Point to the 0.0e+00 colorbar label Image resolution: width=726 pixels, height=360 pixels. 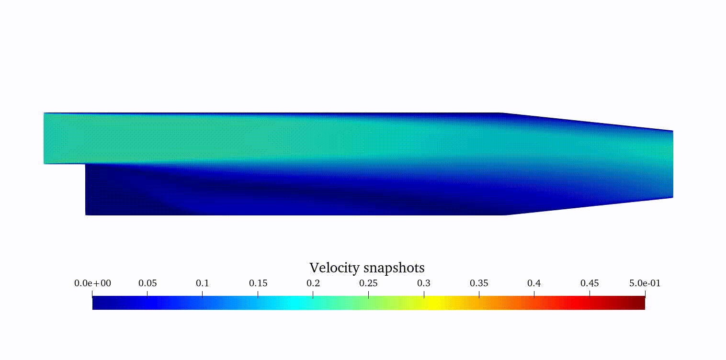coord(92,283)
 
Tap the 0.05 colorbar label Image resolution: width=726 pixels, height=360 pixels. coord(147,283)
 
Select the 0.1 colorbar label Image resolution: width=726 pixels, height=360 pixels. coord(203,283)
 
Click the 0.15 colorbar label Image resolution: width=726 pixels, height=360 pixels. coord(258,283)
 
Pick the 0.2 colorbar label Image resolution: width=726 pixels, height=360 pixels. coord(313,283)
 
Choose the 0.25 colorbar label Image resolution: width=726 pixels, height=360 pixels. coord(368,283)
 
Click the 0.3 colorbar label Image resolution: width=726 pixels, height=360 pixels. coord(424,283)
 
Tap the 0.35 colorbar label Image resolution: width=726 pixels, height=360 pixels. coord(479,283)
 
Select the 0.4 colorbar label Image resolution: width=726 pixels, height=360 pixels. coord(534,283)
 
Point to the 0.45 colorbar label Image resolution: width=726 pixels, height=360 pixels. coord(590,283)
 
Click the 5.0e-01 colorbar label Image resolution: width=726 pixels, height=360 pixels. coord(645,283)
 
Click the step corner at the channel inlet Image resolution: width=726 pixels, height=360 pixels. coord(86,164)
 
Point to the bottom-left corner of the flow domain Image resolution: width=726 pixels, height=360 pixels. coord(86,215)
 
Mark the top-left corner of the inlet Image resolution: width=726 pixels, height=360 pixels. coord(44,113)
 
